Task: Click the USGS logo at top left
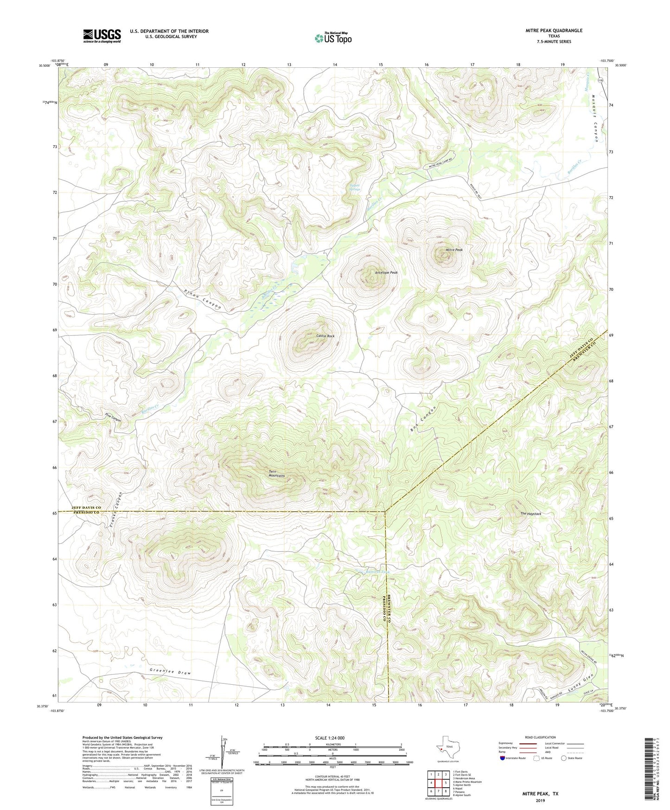[x=102, y=36]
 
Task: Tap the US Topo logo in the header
[x=332, y=38]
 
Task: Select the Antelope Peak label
[x=386, y=273]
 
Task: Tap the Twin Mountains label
[x=277, y=474]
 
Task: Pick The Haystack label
[x=530, y=514]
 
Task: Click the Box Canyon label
[x=423, y=419]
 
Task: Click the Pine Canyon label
[x=113, y=417]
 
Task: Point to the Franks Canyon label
[x=117, y=509]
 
